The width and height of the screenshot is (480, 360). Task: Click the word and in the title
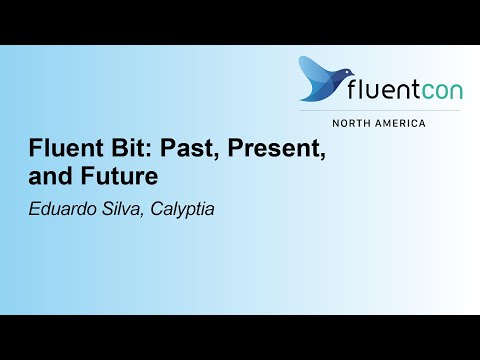(46, 179)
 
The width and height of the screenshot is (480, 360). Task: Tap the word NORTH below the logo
(355, 123)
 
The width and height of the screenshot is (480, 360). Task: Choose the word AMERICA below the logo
(400, 123)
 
